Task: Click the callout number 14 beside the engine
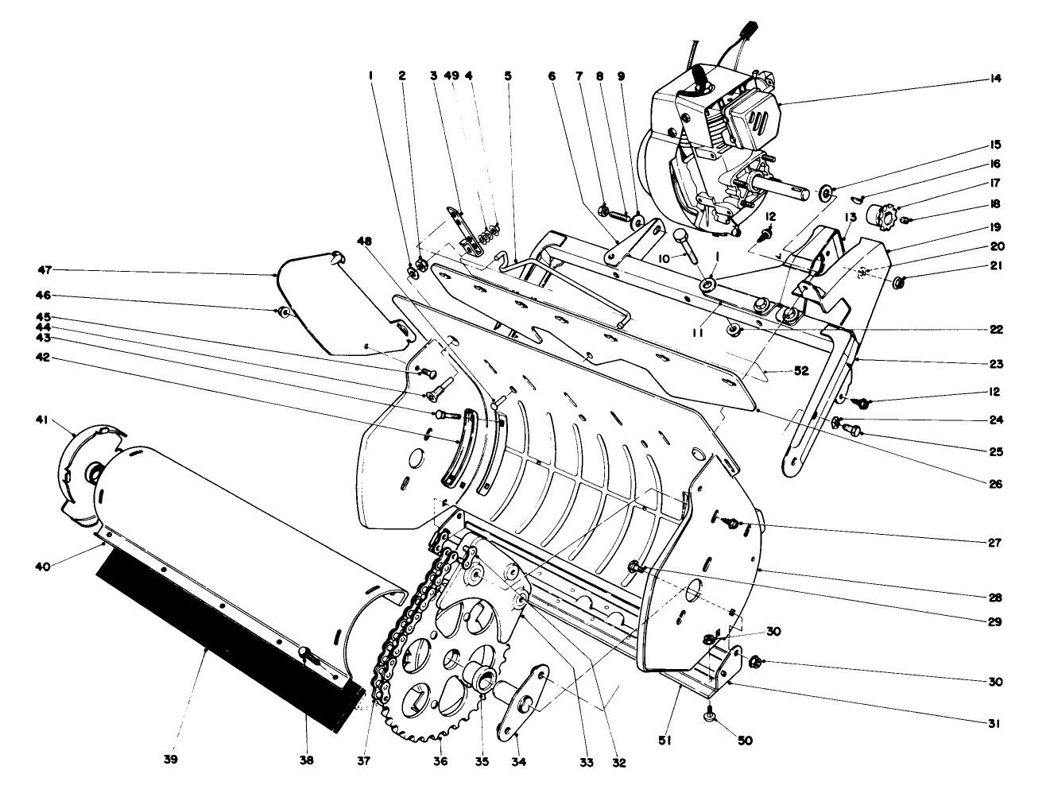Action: tap(996, 79)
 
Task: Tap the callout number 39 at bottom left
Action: tap(170, 760)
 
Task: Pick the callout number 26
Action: tap(996, 483)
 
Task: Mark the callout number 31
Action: tap(996, 724)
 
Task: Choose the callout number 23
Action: tap(996, 364)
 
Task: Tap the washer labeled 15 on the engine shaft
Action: tap(828, 191)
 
